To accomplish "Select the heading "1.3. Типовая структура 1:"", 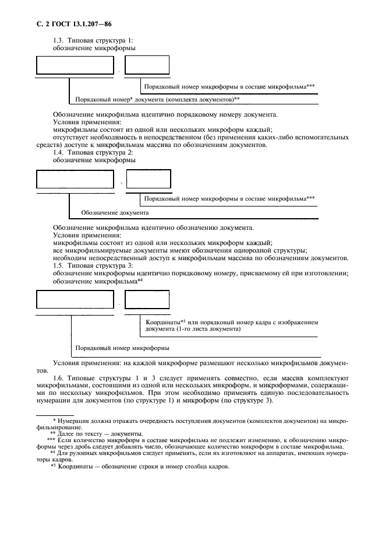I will [93, 40].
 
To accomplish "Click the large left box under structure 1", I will [75, 65].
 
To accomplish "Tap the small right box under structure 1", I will [147, 65].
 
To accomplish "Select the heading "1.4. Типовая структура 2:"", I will [93, 152].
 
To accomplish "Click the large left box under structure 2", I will [75, 178].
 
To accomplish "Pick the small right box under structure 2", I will [149, 178].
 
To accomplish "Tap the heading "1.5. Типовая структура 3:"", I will [93, 266].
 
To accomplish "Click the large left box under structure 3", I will [75, 299].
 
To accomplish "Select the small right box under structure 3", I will [147, 299].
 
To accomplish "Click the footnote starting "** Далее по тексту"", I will [96, 433].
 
